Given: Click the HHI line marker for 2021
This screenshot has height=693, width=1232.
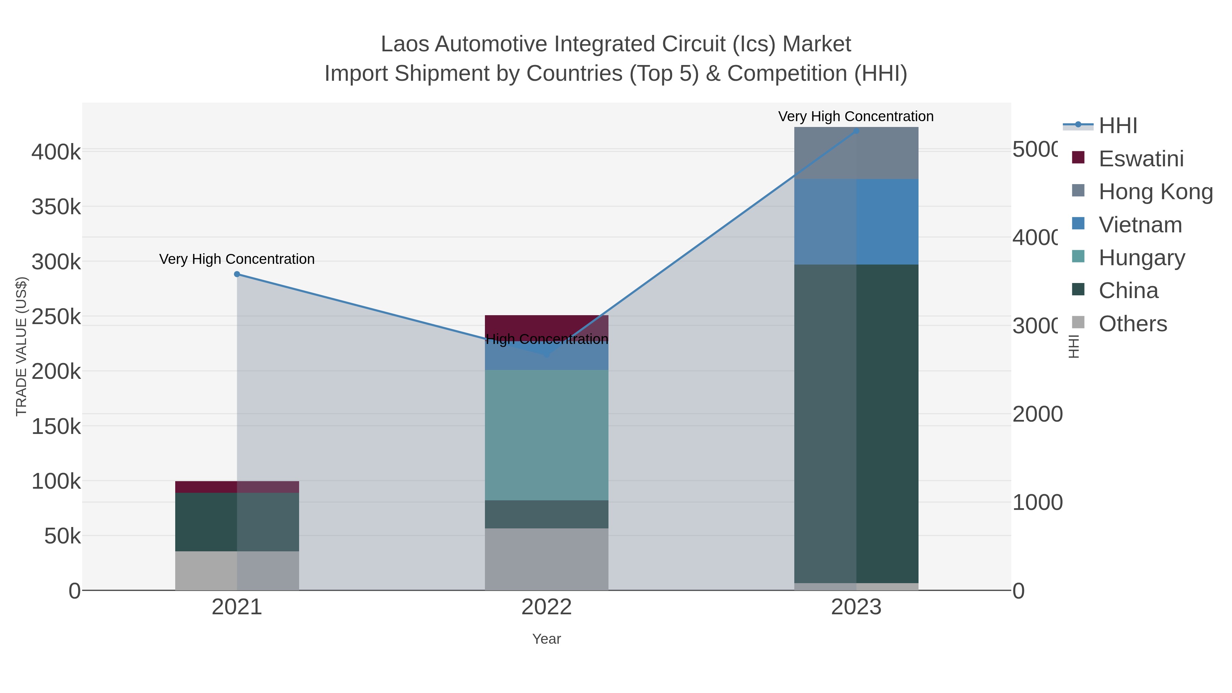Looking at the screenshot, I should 237,274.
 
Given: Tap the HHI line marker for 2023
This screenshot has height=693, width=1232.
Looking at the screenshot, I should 856,131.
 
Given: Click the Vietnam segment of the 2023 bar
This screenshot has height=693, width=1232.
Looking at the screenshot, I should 856,221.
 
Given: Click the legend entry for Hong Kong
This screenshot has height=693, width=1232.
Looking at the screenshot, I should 1155,192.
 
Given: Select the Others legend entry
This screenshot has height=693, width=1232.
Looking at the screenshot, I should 1132,324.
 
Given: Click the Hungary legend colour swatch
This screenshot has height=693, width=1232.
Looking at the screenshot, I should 1078,256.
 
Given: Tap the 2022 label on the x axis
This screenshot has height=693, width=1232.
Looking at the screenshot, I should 547,607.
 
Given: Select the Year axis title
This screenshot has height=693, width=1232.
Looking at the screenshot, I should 547,639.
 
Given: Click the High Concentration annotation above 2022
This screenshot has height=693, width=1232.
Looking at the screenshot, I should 547,339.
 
